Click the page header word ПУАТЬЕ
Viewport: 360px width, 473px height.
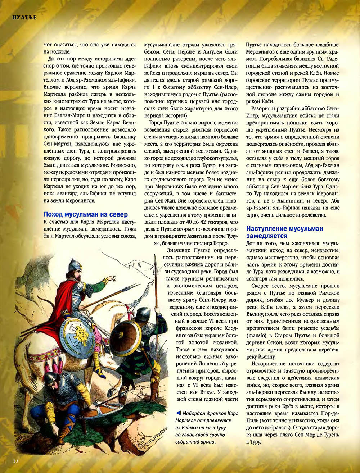tap(24, 18)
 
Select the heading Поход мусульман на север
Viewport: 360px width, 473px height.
tap(86, 215)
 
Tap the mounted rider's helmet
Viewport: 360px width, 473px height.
tap(75, 265)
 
